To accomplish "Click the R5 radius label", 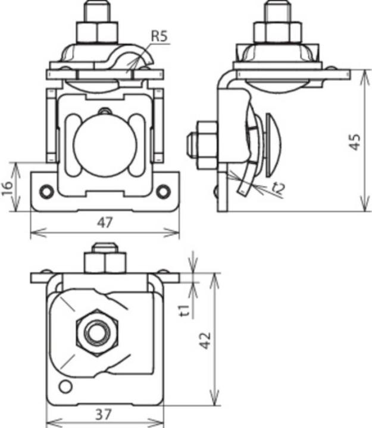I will (x=159, y=37).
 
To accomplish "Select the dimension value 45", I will (x=355, y=141).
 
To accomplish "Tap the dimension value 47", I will (x=105, y=223).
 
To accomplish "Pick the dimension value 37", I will (x=105, y=415).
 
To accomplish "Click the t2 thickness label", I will (x=277, y=188).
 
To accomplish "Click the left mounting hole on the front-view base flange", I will (x=46, y=191).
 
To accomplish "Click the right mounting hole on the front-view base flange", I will (x=162, y=191).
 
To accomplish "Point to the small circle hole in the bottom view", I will (x=66, y=387).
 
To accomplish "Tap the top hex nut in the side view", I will (x=277, y=31).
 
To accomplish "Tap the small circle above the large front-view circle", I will (x=105, y=111).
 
